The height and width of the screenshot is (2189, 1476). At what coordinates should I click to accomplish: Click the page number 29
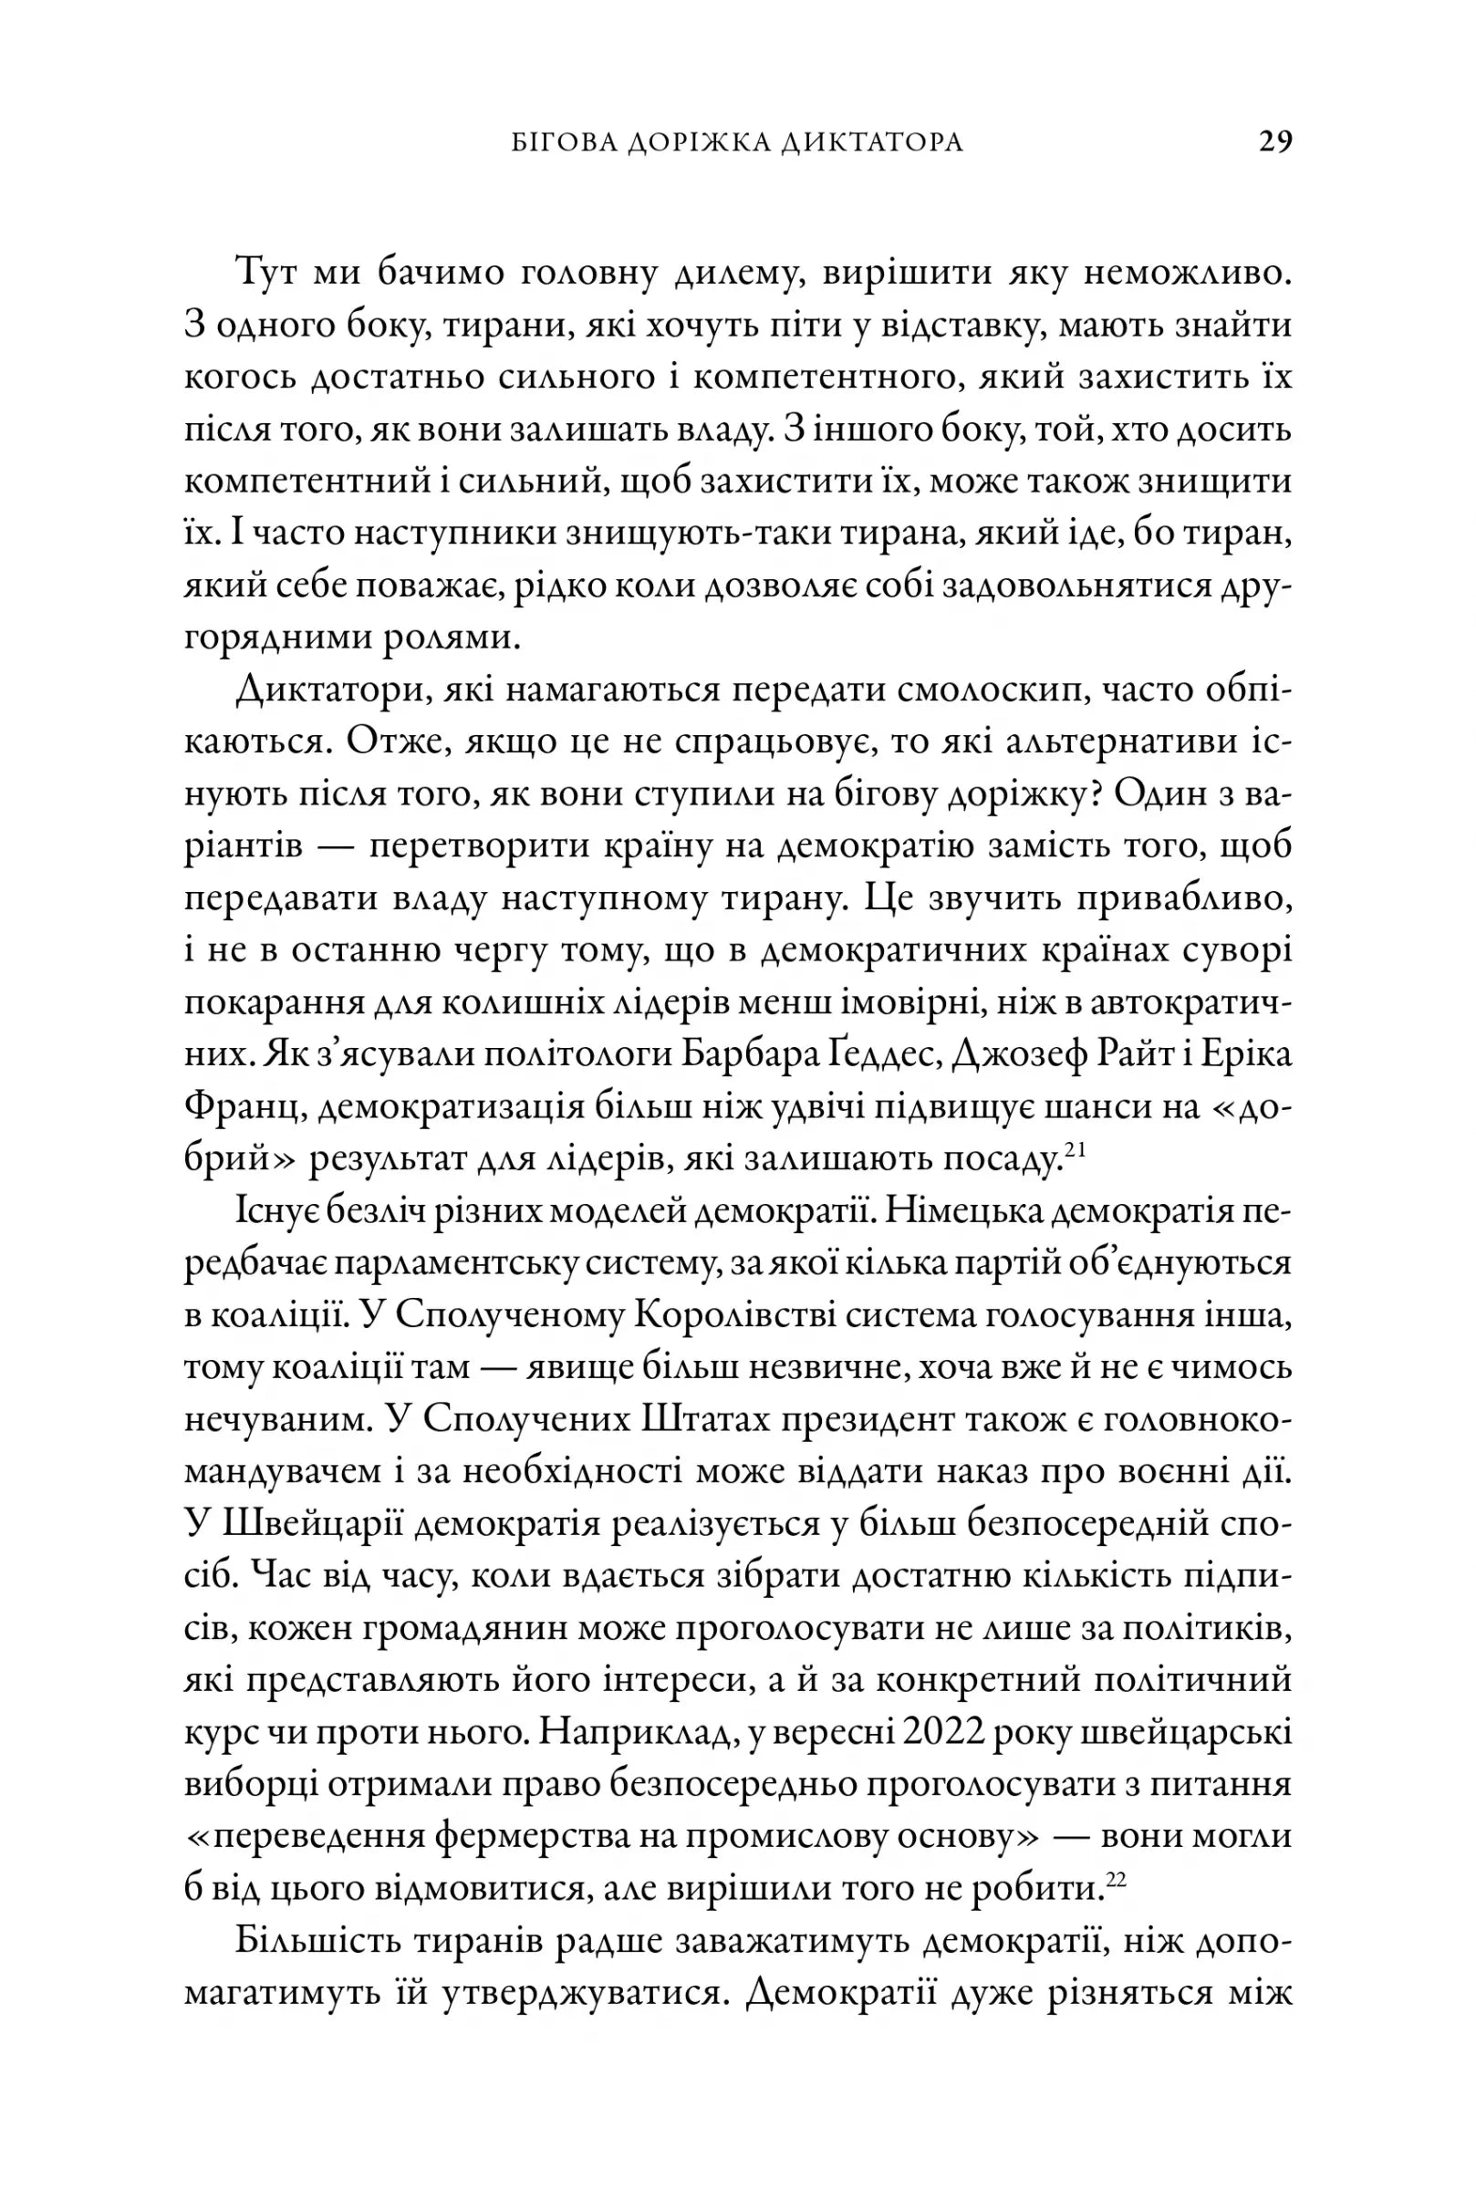click(1275, 142)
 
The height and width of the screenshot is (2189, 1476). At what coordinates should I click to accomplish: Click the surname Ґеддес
click(887, 1056)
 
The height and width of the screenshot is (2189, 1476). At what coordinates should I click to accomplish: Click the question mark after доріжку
click(1092, 795)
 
